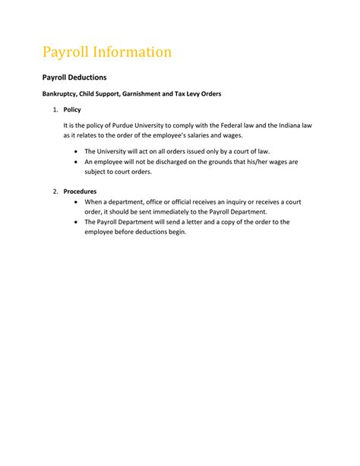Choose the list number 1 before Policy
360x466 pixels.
[x=55, y=110]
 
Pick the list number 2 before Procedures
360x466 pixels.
[x=55, y=191]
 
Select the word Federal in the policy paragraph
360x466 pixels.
[x=226, y=126]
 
